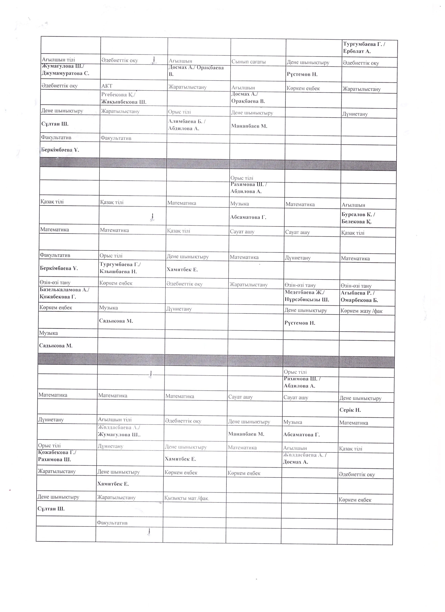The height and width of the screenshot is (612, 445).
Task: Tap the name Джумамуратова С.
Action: [x=65, y=73]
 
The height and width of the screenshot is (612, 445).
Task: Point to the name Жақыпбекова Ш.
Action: [x=124, y=102]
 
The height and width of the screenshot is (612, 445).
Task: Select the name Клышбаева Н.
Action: [x=118, y=271]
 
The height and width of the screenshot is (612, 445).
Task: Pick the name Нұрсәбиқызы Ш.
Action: [x=307, y=300]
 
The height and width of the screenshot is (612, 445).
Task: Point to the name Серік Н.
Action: [x=350, y=410]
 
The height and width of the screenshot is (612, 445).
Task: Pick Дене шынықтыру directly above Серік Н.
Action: [x=360, y=398]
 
